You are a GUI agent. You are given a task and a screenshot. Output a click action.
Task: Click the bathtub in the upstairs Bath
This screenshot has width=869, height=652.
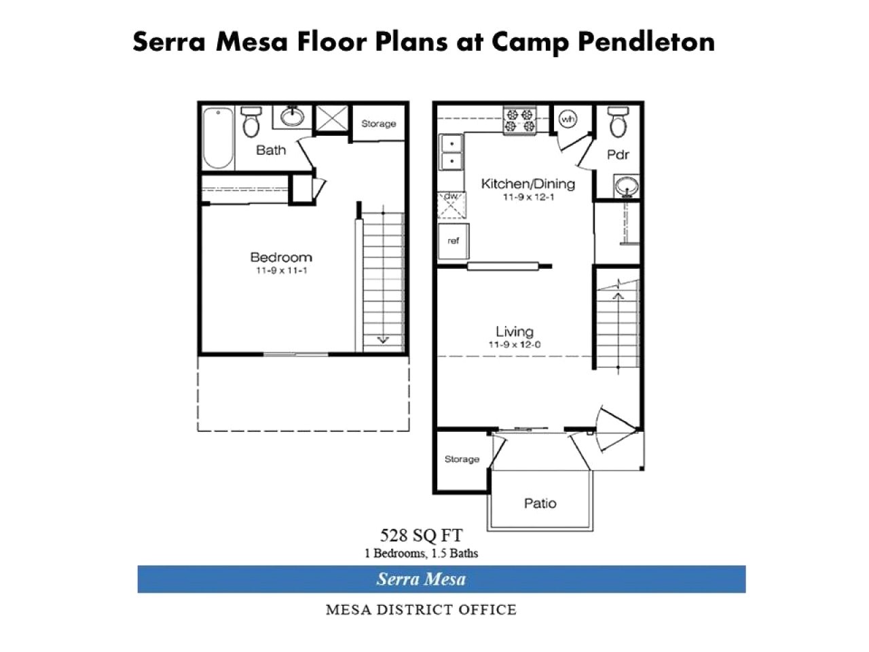pyautogui.click(x=219, y=138)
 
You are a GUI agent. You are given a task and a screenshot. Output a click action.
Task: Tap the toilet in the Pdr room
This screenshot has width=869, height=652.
pyautogui.click(x=617, y=122)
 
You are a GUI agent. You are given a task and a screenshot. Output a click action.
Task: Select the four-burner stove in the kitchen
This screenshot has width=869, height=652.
pyautogui.click(x=520, y=121)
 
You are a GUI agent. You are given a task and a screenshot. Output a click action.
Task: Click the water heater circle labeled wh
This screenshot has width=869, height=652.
pyautogui.click(x=567, y=120)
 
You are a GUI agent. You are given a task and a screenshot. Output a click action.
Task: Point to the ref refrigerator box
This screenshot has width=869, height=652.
pyautogui.click(x=453, y=241)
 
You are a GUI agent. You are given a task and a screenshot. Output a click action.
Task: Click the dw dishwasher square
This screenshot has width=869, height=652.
pyautogui.click(x=451, y=204)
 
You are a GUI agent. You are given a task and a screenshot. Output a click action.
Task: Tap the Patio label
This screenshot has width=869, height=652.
pyautogui.click(x=540, y=503)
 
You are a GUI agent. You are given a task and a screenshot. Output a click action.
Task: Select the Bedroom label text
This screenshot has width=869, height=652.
pyautogui.click(x=281, y=257)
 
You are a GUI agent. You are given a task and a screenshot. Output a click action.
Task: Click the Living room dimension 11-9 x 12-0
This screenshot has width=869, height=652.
pyautogui.click(x=514, y=344)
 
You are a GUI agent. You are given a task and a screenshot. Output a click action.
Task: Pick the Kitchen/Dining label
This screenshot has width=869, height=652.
pyautogui.click(x=528, y=183)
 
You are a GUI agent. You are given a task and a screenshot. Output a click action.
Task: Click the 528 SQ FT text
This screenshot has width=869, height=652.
pyautogui.click(x=421, y=535)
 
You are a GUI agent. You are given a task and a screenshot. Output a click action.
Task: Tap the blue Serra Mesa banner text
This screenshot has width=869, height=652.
pyautogui.click(x=421, y=579)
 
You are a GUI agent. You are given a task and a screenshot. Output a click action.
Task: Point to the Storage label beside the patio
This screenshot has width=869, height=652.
pyautogui.click(x=462, y=459)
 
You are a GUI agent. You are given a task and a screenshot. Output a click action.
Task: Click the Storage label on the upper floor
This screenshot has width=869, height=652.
pyautogui.click(x=378, y=124)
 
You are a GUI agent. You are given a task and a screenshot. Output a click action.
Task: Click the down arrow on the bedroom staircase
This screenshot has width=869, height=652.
pyautogui.click(x=383, y=339)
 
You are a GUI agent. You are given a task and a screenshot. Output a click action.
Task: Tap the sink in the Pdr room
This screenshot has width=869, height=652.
pyautogui.click(x=626, y=185)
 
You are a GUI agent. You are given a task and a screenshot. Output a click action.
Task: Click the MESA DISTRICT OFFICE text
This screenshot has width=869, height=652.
pyautogui.click(x=421, y=609)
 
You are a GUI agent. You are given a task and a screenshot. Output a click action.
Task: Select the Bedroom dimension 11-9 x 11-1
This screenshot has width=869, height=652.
pyautogui.click(x=281, y=271)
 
